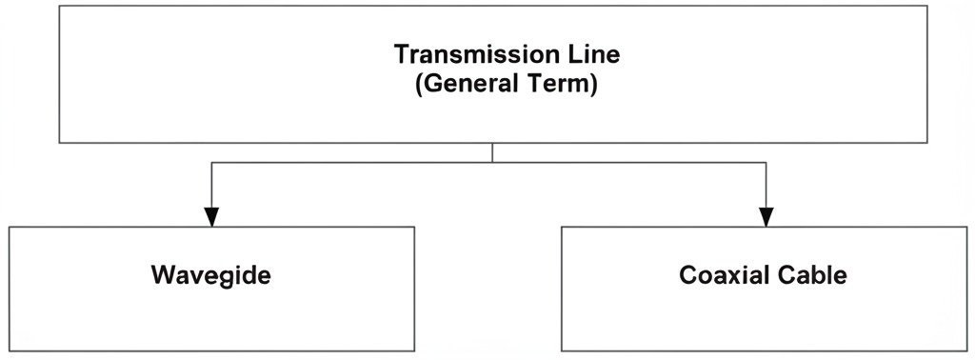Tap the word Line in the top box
(594, 54)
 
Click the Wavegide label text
(211, 276)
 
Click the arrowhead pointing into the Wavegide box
(211, 217)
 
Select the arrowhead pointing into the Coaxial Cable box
(766, 217)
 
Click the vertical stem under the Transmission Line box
(492, 152)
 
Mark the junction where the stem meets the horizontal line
(492, 163)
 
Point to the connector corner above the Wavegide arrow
(211, 163)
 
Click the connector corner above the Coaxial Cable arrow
(766, 163)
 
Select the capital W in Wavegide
(161, 276)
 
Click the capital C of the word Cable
(785, 276)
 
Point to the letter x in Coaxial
(728, 277)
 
